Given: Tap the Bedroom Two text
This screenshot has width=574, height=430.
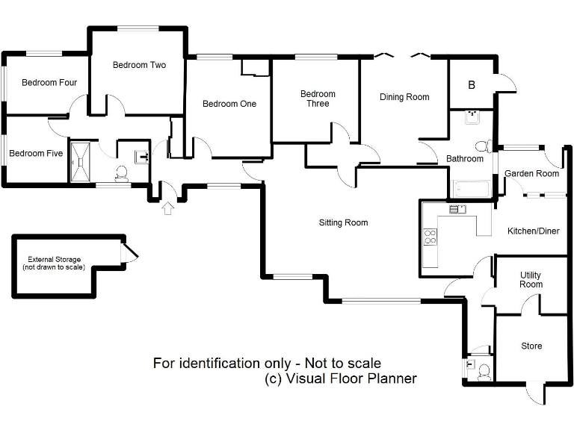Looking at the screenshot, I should (x=139, y=65).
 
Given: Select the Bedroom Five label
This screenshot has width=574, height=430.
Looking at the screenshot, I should (x=36, y=154).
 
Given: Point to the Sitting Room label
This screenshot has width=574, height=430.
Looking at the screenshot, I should (x=343, y=222).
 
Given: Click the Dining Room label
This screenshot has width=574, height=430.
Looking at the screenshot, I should (x=404, y=97).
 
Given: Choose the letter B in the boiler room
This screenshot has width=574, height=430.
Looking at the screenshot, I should (x=472, y=85).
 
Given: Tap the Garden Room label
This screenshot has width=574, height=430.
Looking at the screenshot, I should (x=531, y=174).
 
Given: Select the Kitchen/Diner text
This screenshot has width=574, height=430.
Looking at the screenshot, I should (x=533, y=231).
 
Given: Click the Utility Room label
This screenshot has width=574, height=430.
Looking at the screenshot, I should (x=531, y=280).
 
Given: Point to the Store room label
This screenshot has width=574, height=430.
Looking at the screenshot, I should (x=531, y=346).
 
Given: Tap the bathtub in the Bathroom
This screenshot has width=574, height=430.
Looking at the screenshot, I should (x=470, y=189).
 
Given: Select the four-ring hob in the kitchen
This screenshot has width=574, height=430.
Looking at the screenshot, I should (x=430, y=237).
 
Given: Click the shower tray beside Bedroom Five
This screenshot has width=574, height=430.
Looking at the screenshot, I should (x=79, y=161).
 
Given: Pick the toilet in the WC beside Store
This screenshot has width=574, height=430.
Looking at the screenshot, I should (x=484, y=370).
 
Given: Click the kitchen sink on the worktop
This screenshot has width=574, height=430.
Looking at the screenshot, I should (x=457, y=210).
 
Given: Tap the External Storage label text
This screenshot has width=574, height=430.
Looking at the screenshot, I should (x=53, y=264).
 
